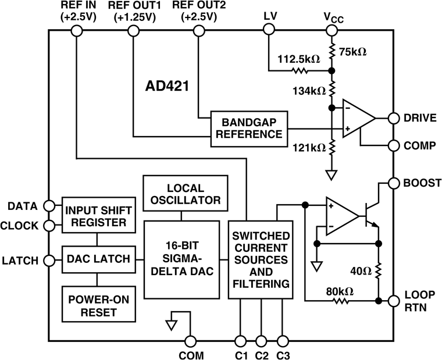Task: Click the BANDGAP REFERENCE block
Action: (x=247, y=128)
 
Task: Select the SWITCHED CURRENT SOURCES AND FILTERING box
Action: (x=260, y=260)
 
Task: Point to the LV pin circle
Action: (x=269, y=32)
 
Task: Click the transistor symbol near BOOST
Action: (x=370, y=215)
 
